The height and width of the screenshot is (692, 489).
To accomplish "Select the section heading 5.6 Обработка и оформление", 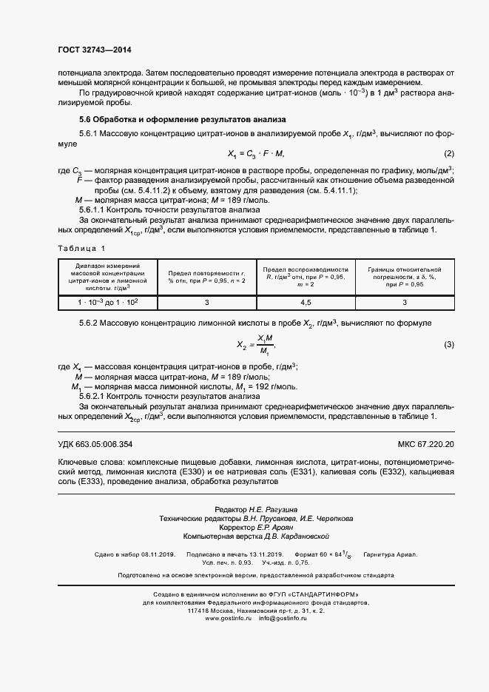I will point(182,120).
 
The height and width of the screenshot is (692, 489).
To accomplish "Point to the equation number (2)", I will point(448,153).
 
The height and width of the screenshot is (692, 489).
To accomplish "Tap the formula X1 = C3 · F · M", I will point(255,153).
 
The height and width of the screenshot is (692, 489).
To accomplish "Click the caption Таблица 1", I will point(81,249).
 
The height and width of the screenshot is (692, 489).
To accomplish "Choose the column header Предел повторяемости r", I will point(207,277).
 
